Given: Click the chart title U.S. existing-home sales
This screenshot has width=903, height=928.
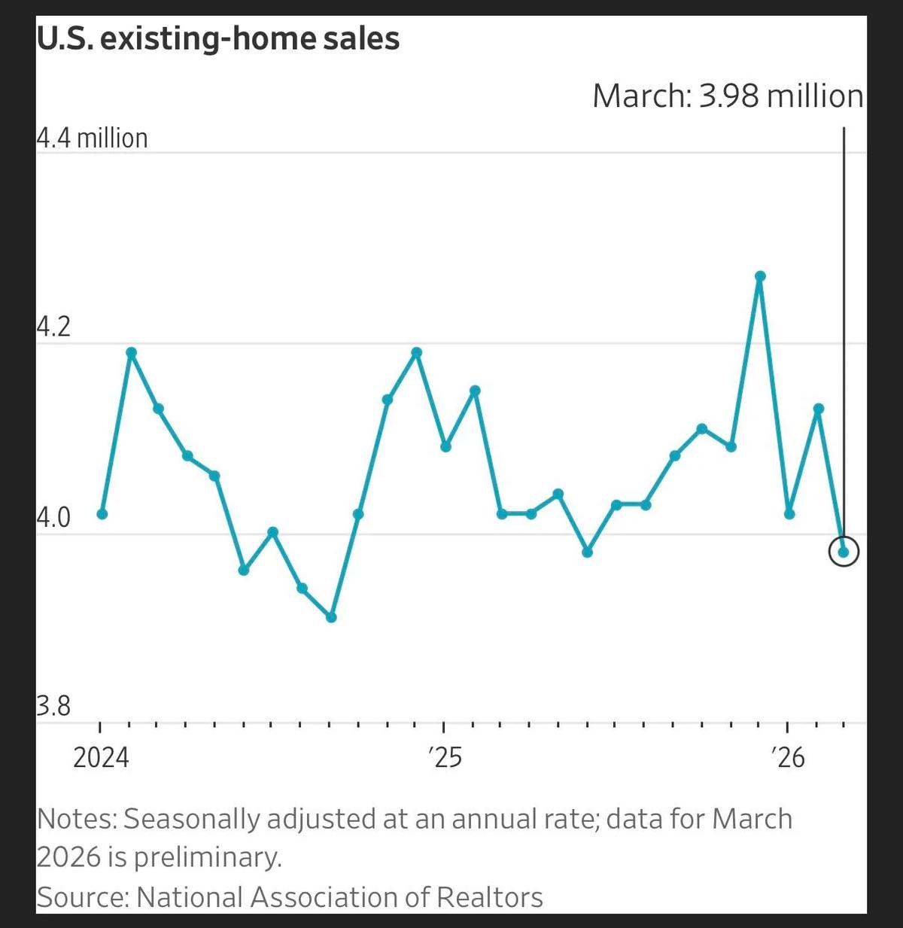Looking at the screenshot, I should (x=218, y=38).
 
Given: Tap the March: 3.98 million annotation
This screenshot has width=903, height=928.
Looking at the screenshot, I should (x=728, y=96).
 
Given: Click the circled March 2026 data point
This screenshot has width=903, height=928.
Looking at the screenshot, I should (x=844, y=552).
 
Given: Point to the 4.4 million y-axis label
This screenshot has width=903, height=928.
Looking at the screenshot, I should (x=92, y=138).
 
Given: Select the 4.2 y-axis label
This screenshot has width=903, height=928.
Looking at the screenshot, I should (x=53, y=327).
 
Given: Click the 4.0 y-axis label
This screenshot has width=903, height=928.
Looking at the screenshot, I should (x=53, y=518).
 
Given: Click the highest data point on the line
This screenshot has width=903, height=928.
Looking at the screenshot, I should (x=760, y=276).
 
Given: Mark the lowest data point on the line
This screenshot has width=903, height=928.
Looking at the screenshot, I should (x=331, y=617).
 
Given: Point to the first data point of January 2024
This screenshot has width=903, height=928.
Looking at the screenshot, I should (x=102, y=514).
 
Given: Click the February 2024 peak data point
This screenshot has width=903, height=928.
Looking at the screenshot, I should (x=132, y=352).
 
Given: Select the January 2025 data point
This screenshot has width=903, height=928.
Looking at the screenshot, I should (x=445, y=446).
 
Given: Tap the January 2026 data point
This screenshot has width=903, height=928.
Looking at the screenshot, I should (x=789, y=514).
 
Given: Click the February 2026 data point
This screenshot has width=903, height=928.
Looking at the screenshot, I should (x=819, y=409).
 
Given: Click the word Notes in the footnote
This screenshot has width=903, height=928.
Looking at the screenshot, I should (x=76, y=819).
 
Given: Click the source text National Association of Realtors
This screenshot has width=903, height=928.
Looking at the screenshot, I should (x=339, y=897).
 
